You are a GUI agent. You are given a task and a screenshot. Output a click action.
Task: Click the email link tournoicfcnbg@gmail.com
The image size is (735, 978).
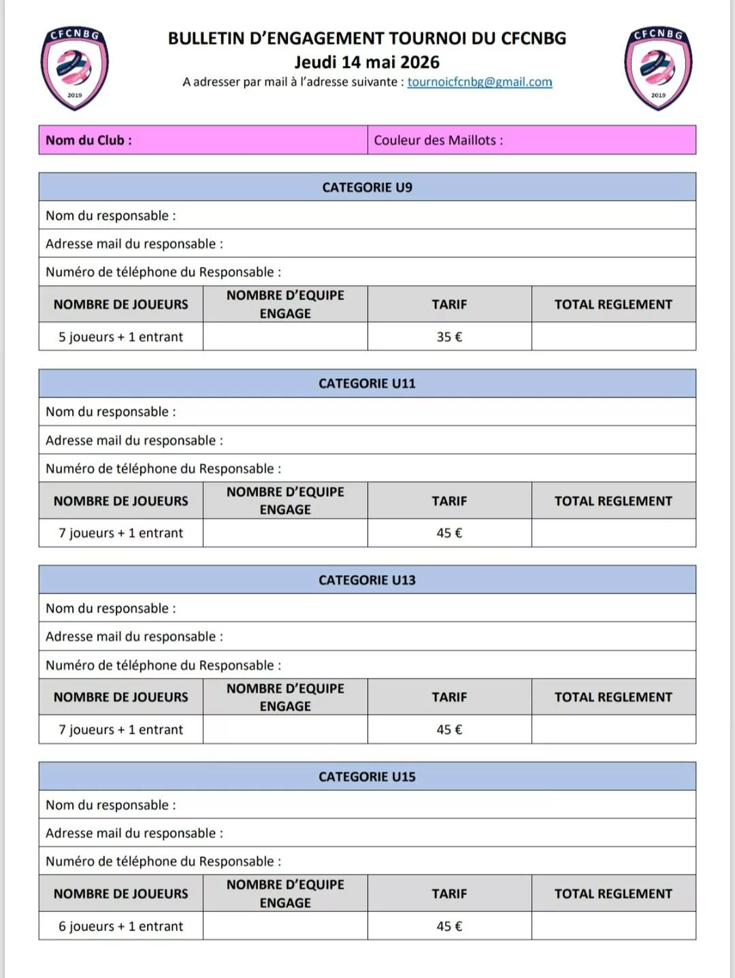[x=480, y=82]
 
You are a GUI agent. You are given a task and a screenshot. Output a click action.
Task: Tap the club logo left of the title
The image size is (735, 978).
[x=74, y=68]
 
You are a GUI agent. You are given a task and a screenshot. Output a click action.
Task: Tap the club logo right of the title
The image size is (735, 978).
[x=658, y=68]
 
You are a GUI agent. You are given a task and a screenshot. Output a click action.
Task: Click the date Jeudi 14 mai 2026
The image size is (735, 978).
[x=367, y=62]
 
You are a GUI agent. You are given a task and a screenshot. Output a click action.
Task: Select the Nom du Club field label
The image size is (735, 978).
[x=88, y=140]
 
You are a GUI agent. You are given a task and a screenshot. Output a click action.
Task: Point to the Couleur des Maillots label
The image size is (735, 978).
[x=438, y=140]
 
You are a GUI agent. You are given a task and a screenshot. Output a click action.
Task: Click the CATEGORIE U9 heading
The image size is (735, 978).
[x=367, y=187]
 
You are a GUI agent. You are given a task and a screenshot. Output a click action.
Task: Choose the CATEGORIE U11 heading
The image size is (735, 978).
[x=367, y=383]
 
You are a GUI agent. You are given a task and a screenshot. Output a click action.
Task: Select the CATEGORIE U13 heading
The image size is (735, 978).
[x=367, y=580]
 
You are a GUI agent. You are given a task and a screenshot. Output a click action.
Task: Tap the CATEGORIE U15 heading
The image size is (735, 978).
[x=367, y=777]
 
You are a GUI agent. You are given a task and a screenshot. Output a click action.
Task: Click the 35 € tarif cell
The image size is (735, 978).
[x=449, y=337]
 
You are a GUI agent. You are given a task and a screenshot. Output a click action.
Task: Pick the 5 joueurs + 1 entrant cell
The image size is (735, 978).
[x=120, y=337]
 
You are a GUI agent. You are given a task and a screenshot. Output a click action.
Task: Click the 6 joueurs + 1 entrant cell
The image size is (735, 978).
[x=120, y=926]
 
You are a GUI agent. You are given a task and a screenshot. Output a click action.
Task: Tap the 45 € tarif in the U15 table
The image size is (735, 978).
[x=449, y=926]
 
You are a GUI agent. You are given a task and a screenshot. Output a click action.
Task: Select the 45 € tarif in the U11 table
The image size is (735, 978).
[x=449, y=533]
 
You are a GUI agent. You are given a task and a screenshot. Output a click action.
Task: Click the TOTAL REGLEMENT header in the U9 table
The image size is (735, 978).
[x=613, y=304]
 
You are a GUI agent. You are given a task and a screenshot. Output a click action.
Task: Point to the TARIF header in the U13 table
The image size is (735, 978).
[x=449, y=697]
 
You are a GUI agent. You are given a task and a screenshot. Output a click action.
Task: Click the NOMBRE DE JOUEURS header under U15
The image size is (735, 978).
[x=120, y=894]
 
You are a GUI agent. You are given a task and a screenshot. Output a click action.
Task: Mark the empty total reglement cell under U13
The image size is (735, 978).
[x=613, y=730]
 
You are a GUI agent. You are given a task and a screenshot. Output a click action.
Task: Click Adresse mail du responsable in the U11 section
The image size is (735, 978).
[x=134, y=440]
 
